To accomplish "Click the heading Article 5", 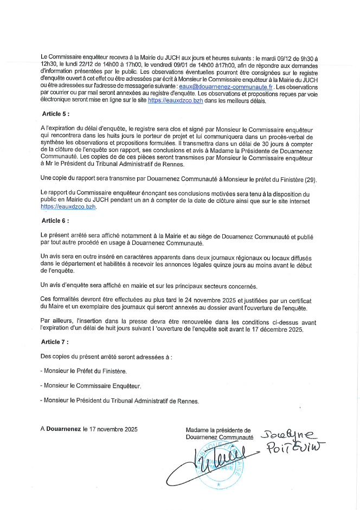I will pyautogui.click(x=56, y=114).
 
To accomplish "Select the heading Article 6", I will pyautogui.click(x=56, y=221).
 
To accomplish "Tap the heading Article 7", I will pyautogui.click(x=56, y=343).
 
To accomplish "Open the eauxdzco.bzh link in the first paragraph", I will pyautogui.click(x=175, y=101).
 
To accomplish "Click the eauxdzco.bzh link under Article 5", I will pyautogui.click(x=68, y=206).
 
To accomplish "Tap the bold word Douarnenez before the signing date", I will pyautogui.click(x=63, y=429).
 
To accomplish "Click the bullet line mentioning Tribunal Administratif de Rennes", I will pyautogui.click(x=120, y=401).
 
